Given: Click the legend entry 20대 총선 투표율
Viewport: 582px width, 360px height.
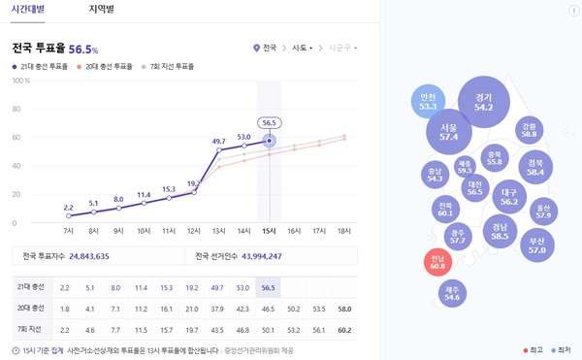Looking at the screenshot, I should [x=110, y=67].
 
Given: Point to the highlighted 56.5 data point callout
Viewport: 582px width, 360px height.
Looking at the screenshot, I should [x=269, y=123].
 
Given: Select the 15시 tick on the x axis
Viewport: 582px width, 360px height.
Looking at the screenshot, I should [x=269, y=231].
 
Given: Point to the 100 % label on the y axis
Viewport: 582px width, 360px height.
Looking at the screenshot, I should [x=21, y=82].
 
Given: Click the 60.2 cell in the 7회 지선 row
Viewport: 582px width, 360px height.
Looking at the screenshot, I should [x=344, y=330].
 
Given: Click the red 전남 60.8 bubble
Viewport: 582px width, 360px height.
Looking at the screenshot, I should [x=439, y=262].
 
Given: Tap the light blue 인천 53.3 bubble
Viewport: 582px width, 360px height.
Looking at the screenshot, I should [x=428, y=102].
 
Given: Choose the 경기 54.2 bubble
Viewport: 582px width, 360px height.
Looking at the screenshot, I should [x=483, y=102].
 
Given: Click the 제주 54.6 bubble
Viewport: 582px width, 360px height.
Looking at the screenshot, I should [x=451, y=293].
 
